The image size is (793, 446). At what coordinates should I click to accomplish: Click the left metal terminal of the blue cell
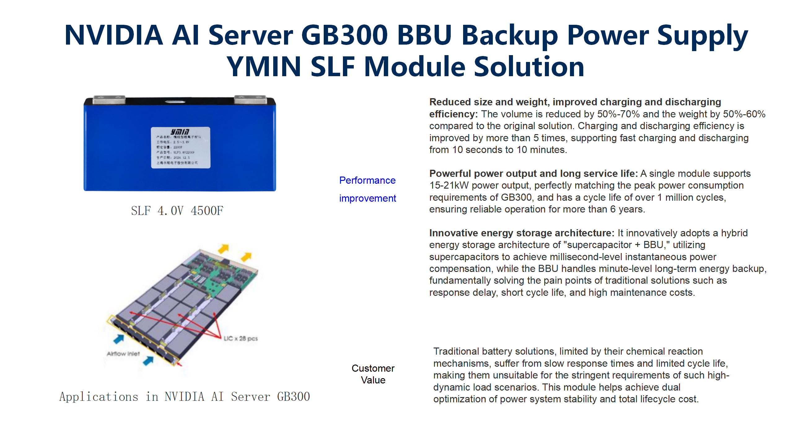(x=109, y=100)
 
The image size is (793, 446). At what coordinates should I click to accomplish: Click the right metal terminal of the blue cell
(x=250, y=99)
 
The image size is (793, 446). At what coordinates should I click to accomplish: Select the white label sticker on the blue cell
(x=180, y=148)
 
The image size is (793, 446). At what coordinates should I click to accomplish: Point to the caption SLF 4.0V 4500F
(x=177, y=211)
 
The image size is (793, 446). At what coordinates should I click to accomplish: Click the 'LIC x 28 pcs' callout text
(x=241, y=339)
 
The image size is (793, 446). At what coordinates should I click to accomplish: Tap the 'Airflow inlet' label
(x=123, y=354)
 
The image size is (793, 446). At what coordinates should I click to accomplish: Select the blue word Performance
(x=367, y=180)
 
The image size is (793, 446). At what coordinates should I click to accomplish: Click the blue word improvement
(x=367, y=198)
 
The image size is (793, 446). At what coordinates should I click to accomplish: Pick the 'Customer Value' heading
(x=373, y=374)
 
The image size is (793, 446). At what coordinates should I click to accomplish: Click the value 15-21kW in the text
(x=449, y=186)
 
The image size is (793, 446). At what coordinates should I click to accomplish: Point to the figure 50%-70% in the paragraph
(x=618, y=114)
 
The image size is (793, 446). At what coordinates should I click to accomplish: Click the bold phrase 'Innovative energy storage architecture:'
(x=521, y=233)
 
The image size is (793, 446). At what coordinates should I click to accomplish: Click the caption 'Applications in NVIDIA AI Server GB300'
(x=185, y=397)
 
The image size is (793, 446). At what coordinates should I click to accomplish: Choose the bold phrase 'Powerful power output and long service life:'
(x=533, y=173)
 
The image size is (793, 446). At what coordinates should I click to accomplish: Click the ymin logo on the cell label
(x=180, y=131)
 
